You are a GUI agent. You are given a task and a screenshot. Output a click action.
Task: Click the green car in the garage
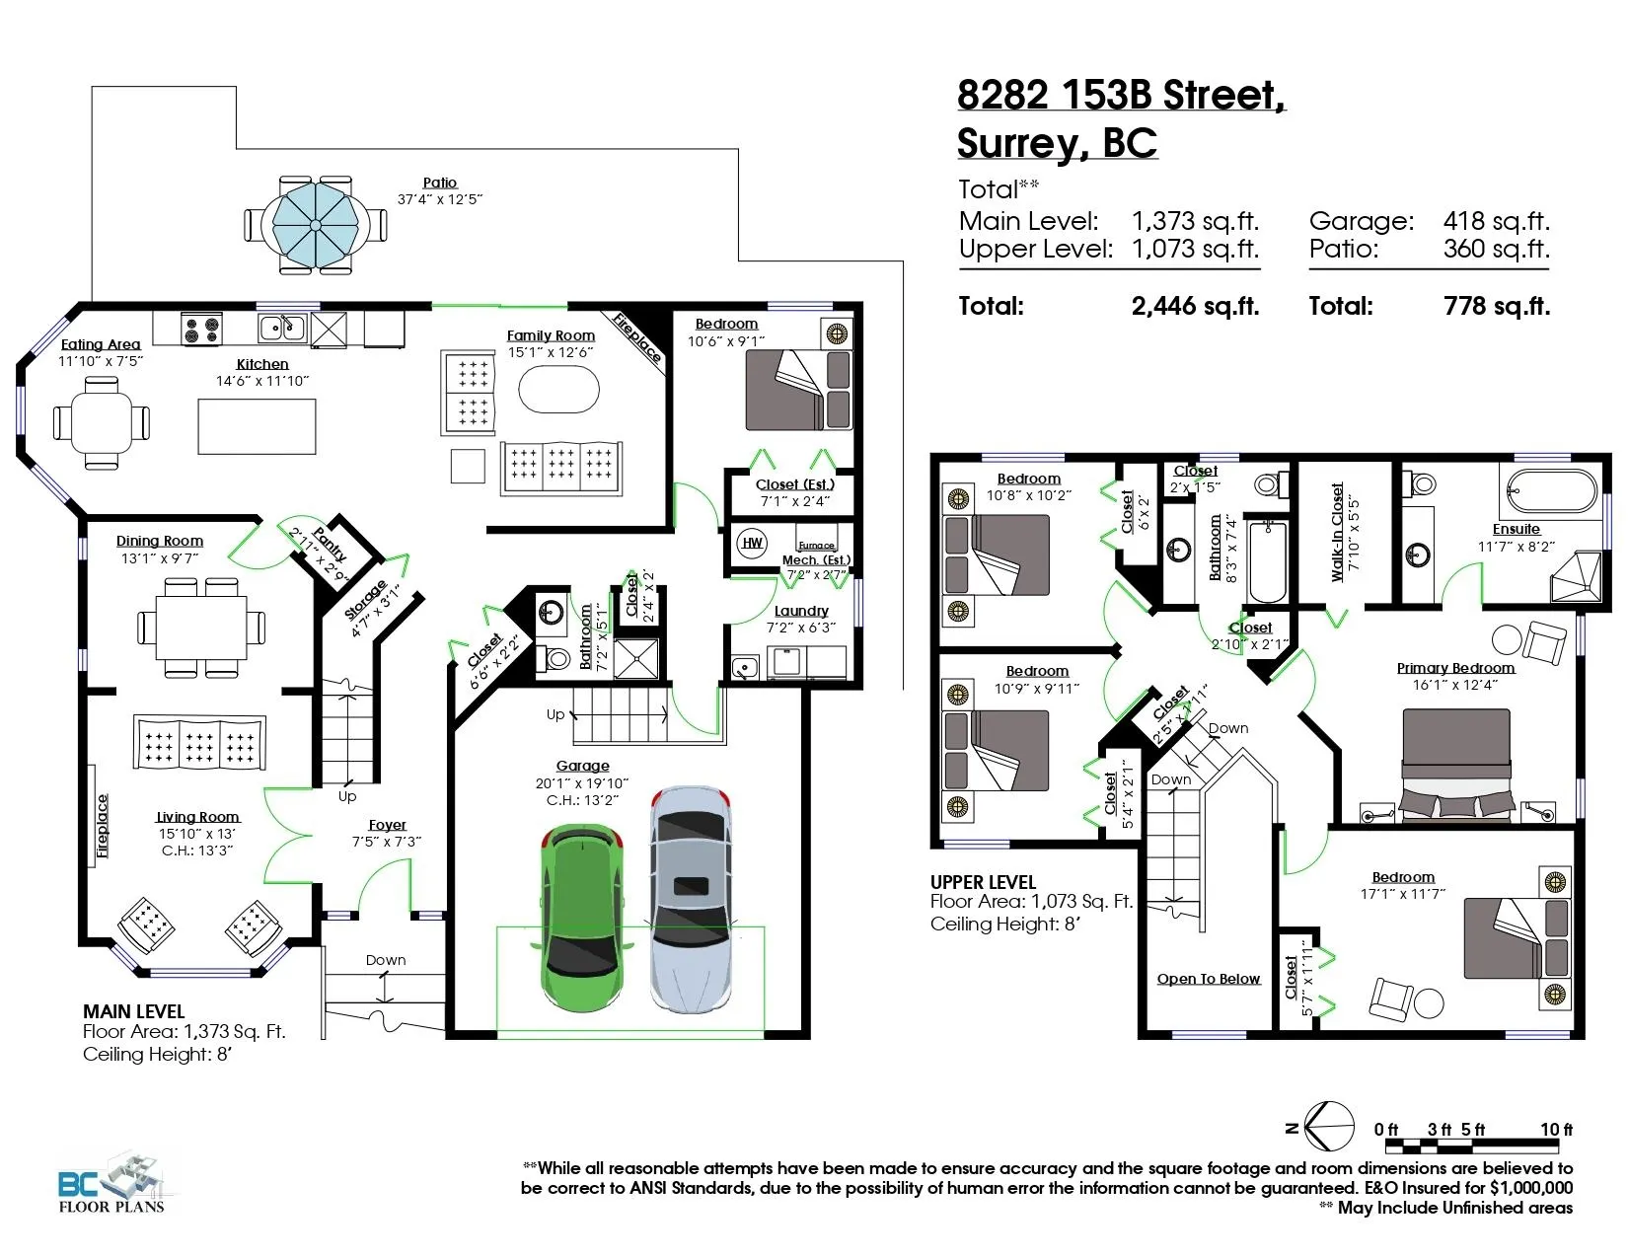[x=582, y=918]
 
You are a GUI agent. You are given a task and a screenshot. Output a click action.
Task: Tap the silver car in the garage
[x=690, y=899]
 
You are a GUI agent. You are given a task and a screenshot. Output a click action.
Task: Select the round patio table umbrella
[x=316, y=225]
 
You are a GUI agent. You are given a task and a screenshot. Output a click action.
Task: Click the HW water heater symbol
[x=752, y=543]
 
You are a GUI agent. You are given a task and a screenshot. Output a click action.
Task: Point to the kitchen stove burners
[x=202, y=330]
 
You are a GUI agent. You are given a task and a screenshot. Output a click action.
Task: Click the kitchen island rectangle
[x=257, y=426]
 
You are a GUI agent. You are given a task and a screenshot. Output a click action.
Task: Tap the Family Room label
[x=551, y=335]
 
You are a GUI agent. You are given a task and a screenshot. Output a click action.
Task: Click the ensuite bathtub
[x=1552, y=491]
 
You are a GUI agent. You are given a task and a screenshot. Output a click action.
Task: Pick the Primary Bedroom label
[x=1455, y=668]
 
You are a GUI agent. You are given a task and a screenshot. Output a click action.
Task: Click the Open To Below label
[x=1209, y=979]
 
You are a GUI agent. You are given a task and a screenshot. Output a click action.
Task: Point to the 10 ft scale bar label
[x=1556, y=1129]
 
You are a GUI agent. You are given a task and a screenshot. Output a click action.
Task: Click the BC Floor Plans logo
[x=111, y=1184]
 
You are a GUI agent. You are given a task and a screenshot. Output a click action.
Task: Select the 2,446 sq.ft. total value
[x=1195, y=306]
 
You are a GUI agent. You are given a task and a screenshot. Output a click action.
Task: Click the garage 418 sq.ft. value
[x=1496, y=221]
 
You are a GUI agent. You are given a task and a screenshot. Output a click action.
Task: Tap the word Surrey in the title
[x=1022, y=143]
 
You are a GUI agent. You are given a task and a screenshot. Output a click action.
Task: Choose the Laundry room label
[x=801, y=611]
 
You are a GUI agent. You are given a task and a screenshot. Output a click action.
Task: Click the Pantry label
[x=329, y=545]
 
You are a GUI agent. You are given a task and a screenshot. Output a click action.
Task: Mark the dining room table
[x=201, y=628]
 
